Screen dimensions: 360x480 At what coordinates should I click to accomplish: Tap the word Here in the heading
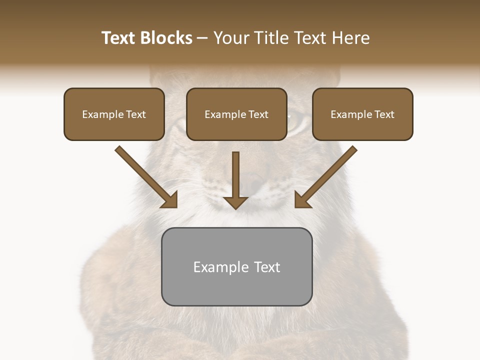pos(351,38)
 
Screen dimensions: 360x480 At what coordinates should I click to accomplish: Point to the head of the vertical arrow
pos(235,202)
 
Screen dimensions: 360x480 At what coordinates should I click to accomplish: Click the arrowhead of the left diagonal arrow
pos(170,200)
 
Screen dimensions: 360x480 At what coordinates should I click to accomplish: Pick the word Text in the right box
pos(384,114)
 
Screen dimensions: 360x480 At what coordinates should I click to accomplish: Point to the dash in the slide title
pos(203,38)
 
